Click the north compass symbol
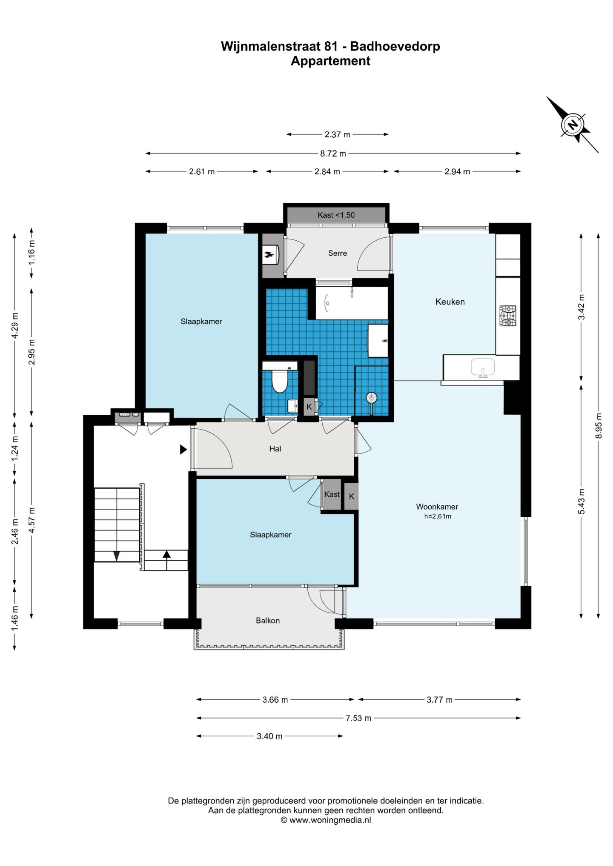click(x=573, y=125)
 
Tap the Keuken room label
click(x=450, y=302)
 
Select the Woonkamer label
click(x=437, y=507)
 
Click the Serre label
click(x=338, y=253)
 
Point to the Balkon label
click(x=268, y=621)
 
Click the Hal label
click(x=275, y=448)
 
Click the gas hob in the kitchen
click(x=507, y=316)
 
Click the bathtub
click(x=352, y=303)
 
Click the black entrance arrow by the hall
click(x=183, y=449)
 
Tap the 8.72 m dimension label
click(x=333, y=153)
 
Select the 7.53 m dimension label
click(x=358, y=718)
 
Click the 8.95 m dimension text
click(x=599, y=425)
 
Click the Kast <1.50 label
click(x=336, y=215)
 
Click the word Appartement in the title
click(x=330, y=61)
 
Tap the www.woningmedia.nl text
click(x=330, y=820)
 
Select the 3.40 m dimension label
click(x=269, y=736)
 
